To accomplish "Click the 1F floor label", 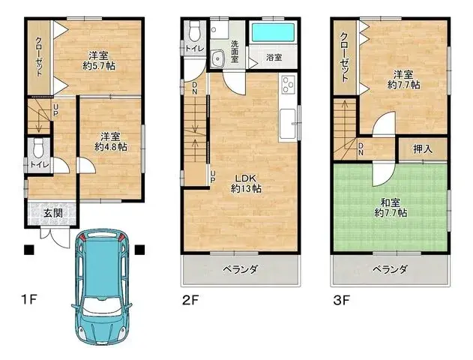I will pos(29,300).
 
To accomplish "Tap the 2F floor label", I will pos(190,301).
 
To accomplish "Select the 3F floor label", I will pos(342,301).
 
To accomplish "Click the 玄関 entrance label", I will pos(52,214).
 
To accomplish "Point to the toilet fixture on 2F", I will pos(194,31).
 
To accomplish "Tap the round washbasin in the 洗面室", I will pos(218,59).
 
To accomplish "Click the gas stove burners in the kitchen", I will pos(288,88).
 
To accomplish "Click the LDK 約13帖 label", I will pos(245,183).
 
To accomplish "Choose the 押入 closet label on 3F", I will pos(423,148).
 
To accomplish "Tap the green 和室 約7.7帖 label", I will pos(392,207).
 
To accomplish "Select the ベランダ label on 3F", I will pos(391,268).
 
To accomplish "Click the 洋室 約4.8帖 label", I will pos(110,142).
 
